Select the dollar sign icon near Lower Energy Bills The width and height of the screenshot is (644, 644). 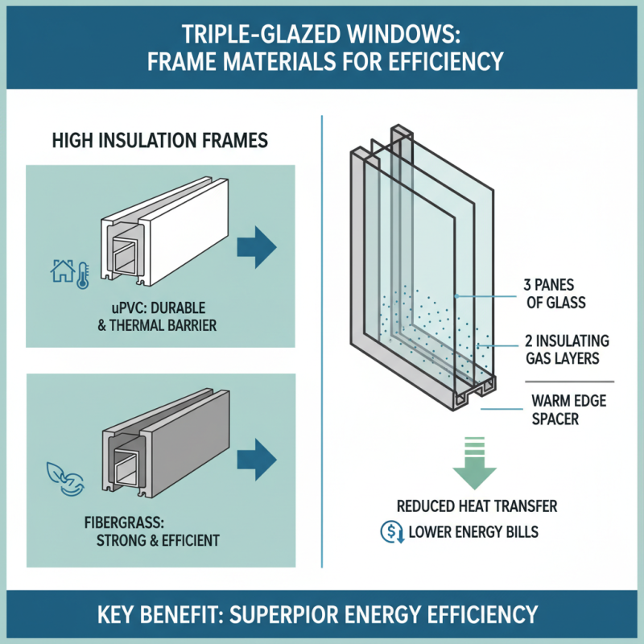[388, 532]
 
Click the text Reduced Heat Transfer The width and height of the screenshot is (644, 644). [477, 506]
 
